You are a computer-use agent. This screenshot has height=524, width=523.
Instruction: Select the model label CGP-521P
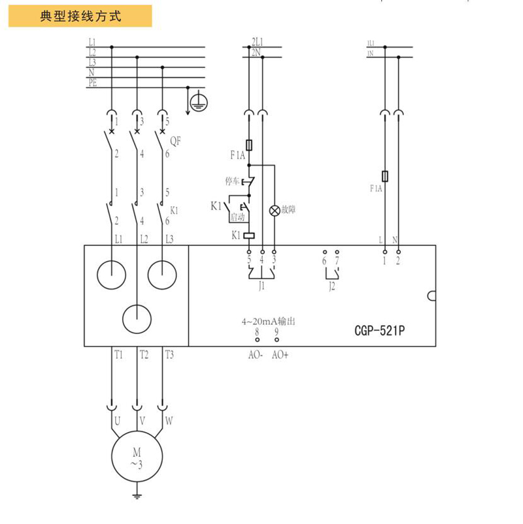[x=375, y=330]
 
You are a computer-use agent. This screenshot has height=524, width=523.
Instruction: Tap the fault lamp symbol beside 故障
[x=275, y=210]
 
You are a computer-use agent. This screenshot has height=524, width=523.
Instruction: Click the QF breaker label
[x=175, y=140]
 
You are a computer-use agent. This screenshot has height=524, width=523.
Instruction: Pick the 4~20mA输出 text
[x=269, y=322]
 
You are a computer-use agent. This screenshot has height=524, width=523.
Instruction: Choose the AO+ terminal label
[x=280, y=355]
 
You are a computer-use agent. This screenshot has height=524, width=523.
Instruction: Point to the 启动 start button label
[x=237, y=217]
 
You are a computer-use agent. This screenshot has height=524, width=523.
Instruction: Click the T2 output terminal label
[x=144, y=354]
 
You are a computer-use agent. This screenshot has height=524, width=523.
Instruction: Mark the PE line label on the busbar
[x=93, y=84]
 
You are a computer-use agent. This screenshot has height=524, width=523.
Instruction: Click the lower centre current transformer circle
[x=137, y=318]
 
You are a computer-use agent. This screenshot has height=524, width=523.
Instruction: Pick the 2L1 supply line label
[x=256, y=43]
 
